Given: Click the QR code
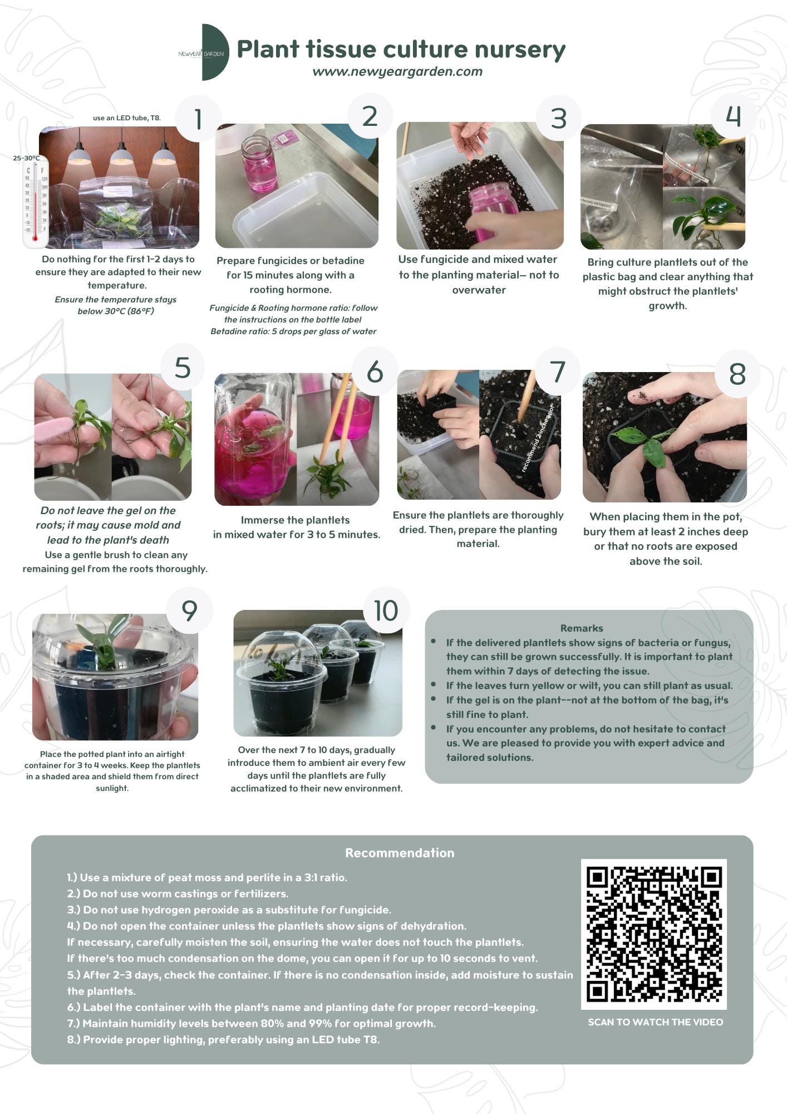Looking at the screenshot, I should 653,934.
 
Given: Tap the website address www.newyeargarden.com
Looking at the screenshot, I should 397,72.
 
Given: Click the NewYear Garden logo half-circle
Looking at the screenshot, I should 214,52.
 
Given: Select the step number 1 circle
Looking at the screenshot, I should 198,119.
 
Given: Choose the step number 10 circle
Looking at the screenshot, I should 386,610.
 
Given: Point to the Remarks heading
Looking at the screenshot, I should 581,628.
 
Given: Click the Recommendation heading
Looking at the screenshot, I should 399,853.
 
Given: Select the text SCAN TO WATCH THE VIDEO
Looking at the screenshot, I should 655,1022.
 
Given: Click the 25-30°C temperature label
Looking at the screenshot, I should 26,158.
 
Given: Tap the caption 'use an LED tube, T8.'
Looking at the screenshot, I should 126,118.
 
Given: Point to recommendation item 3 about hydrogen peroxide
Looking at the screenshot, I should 229,910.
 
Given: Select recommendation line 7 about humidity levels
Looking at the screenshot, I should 251,1023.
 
